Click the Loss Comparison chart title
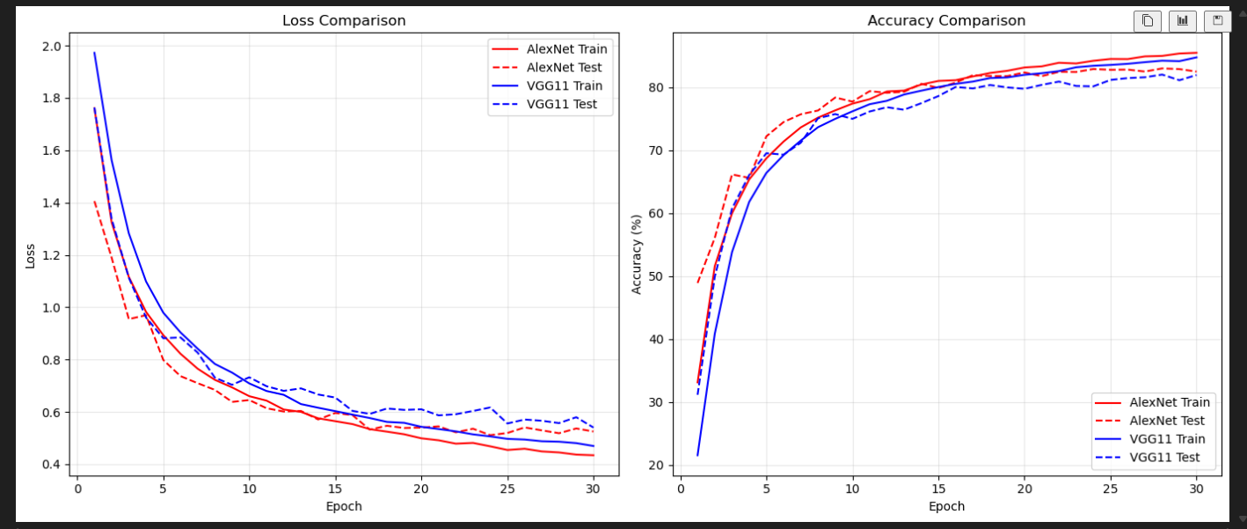coord(344,20)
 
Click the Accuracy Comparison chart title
coord(946,20)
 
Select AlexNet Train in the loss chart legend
coord(566,49)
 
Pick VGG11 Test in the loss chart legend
coord(561,104)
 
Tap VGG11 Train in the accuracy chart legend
coord(1166,439)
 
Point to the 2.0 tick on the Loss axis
coord(52,47)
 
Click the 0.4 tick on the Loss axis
coord(52,465)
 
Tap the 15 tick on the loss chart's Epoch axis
coord(335,489)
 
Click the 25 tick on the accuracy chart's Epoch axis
coord(1110,489)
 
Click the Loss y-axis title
coord(30,255)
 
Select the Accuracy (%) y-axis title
coord(637,254)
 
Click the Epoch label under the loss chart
coord(344,506)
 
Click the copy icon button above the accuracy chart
coord(1148,21)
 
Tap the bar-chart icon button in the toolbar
coord(1183,21)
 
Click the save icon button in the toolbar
coord(1218,21)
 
